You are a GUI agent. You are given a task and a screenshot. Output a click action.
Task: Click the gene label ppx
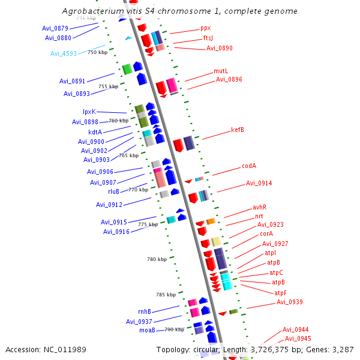[205, 28]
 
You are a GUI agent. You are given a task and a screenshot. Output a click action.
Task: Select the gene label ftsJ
[208, 38]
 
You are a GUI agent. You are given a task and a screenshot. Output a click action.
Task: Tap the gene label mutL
[221, 71]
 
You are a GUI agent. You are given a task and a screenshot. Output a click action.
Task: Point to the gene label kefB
[238, 130]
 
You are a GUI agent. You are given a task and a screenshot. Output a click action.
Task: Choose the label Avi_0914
[259, 184]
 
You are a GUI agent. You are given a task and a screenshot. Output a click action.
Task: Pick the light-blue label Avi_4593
[64, 53]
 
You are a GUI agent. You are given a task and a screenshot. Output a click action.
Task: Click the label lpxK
[89, 112]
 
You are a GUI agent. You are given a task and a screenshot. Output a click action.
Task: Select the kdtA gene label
[95, 132]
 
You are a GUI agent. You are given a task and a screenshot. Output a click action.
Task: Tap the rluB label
[113, 191]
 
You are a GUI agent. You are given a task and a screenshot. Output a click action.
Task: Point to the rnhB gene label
[144, 311]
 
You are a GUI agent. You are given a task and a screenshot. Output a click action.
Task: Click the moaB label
[147, 330]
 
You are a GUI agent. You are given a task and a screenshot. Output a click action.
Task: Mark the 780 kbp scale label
[157, 259]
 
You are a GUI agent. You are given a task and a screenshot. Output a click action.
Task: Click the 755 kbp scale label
[108, 86]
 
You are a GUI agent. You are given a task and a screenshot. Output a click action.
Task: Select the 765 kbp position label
[129, 155]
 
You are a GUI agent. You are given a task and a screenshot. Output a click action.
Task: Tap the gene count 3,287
[342, 350]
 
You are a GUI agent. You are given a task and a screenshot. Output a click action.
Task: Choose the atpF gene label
[280, 293]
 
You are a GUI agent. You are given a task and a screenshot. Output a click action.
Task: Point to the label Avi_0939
[289, 302]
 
